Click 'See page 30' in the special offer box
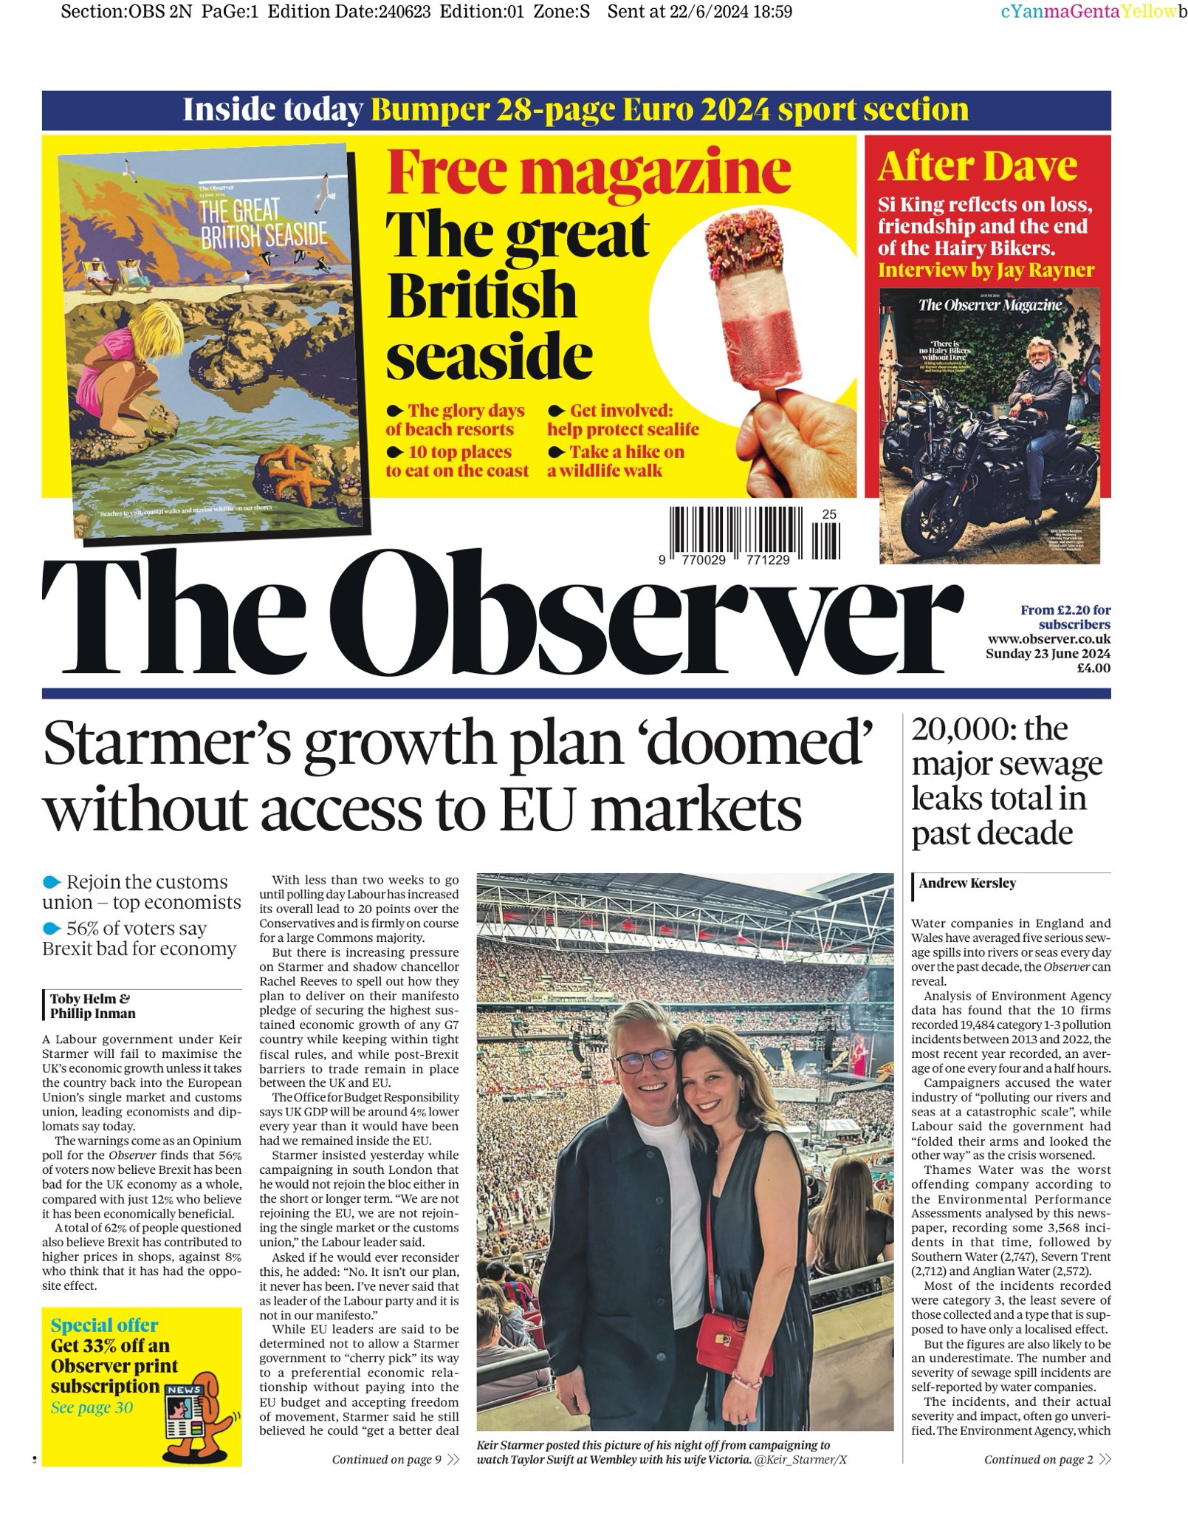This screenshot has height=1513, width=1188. coord(92,1407)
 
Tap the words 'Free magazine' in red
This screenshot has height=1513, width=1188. coord(588,171)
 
